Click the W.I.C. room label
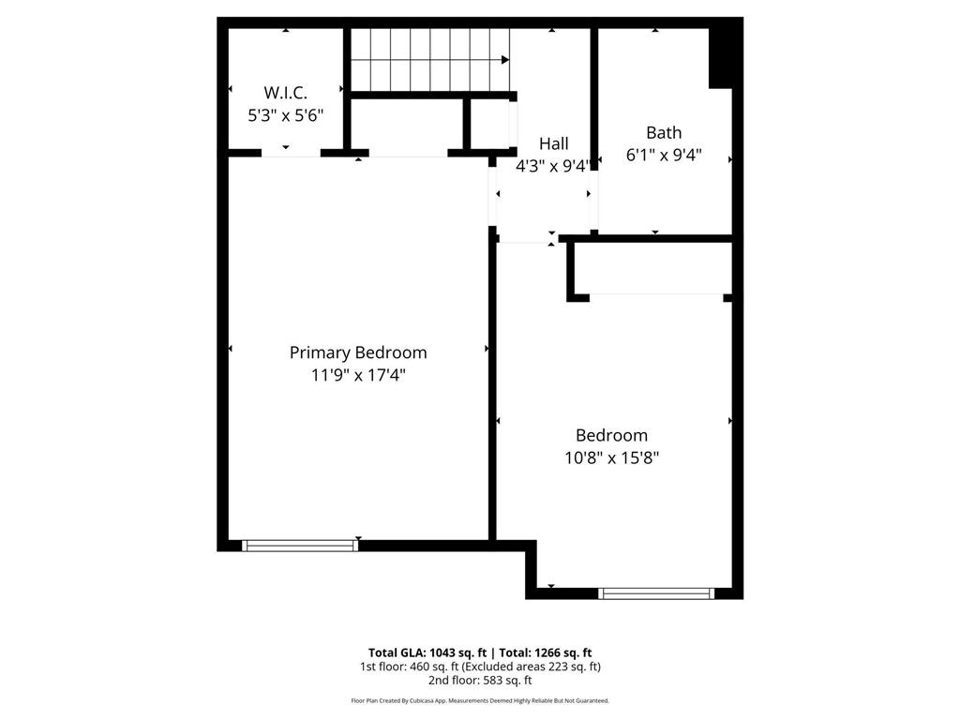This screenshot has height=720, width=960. point(285,92)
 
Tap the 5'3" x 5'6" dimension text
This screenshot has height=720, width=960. point(285,115)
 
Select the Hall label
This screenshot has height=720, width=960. point(553,143)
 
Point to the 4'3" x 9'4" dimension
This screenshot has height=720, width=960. point(553,166)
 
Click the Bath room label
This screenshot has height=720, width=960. point(664,132)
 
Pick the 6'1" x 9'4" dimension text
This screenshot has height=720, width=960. point(664,155)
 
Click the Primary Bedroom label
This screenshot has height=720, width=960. point(358,352)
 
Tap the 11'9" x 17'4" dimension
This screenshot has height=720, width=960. point(358,376)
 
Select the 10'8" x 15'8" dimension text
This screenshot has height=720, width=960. point(611,458)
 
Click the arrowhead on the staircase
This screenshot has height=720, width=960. point(505,60)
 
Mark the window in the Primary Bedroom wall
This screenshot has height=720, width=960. point(300,545)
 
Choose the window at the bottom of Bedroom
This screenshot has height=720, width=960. point(656,592)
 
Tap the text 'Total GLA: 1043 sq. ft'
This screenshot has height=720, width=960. point(426,652)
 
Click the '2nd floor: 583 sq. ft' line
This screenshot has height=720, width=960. point(480,681)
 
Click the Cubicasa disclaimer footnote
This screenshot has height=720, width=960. point(480,700)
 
